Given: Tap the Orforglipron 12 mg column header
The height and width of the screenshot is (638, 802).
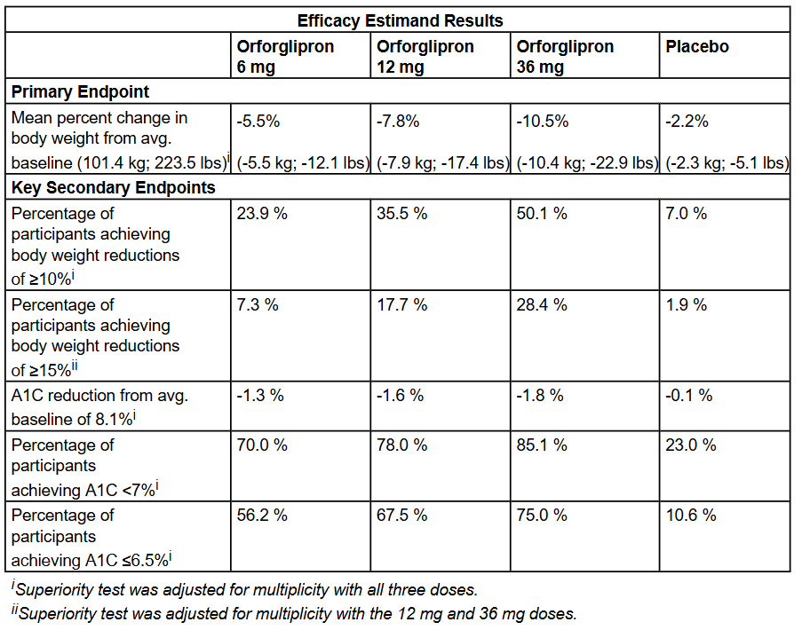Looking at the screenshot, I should click(425, 57).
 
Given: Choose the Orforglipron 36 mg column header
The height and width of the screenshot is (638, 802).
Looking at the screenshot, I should click(565, 57).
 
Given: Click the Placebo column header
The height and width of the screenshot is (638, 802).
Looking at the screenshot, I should click(697, 47).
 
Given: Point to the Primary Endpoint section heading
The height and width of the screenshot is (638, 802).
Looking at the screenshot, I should click(80, 91).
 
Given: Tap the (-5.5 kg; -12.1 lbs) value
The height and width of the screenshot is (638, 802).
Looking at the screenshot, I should click(300, 162).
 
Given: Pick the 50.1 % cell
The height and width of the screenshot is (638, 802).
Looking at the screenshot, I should click(542, 214).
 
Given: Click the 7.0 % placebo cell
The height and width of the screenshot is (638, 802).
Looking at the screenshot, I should click(686, 214).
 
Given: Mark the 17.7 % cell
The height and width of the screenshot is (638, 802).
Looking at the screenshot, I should click(402, 305).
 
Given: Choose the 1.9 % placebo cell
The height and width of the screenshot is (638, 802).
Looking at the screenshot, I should click(686, 305).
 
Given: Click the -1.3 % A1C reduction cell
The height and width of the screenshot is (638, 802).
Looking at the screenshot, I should click(260, 396).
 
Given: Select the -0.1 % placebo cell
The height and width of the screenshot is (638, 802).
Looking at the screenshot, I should click(688, 396).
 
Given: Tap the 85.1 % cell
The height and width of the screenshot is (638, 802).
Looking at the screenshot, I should click(542, 445).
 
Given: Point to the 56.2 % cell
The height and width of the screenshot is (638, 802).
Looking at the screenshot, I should click(262, 516).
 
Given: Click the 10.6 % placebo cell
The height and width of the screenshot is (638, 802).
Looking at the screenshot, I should click(690, 516).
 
